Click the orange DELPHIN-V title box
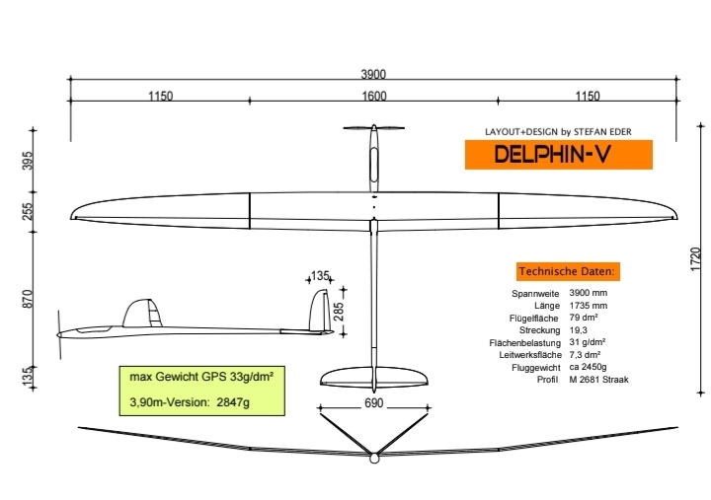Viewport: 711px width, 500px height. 559,154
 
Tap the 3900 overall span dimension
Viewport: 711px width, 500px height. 373,75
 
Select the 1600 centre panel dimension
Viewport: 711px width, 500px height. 374,97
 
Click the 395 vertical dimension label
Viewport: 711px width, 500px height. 27,162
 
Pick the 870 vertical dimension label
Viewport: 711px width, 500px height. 27,298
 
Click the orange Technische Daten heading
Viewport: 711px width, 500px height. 568,270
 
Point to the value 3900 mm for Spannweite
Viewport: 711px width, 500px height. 589,294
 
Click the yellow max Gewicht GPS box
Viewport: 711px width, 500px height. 200,389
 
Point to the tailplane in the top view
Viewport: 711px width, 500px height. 374,378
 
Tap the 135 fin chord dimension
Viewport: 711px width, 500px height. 320,275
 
